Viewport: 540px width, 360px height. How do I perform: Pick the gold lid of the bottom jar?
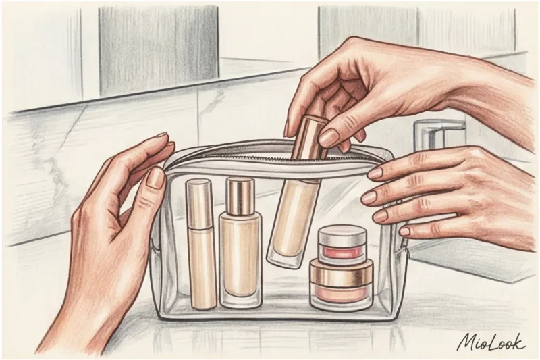pyautogui.click(x=342, y=272)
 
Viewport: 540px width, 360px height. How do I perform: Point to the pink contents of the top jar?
pyautogui.click(x=342, y=253)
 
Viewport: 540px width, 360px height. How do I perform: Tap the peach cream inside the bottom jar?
pyautogui.click(x=341, y=294)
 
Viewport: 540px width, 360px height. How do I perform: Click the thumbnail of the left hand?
pyautogui.click(x=156, y=178)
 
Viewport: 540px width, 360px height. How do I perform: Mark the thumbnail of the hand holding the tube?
pyautogui.click(x=329, y=138)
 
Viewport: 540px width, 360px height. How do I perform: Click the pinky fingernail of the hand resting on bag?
pyautogui.click(x=405, y=231)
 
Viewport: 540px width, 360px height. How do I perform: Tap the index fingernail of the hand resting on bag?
pyautogui.click(x=375, y=173)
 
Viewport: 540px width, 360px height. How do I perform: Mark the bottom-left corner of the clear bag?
pyautogui.click(x=160, y=316)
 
